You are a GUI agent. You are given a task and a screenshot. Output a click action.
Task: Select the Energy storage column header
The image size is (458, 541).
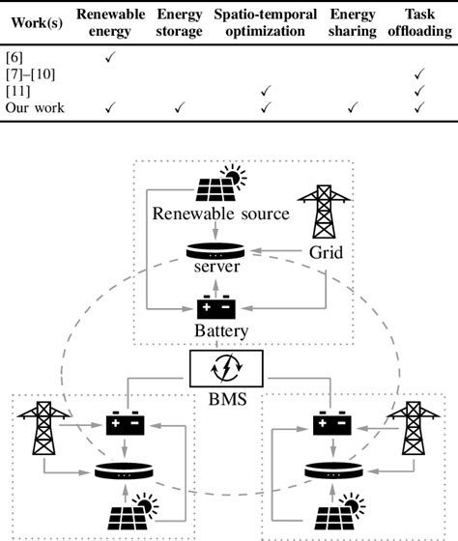coord(179,22)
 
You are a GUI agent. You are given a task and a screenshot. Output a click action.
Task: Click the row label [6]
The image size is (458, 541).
coord(15,59)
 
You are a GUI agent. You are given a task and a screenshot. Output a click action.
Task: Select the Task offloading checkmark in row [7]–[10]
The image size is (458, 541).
coord(419,74)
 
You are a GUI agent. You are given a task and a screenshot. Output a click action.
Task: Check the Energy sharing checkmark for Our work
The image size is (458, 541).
coord(353,107)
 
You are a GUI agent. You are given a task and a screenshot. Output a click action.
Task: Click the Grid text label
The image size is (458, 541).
coord(318,261)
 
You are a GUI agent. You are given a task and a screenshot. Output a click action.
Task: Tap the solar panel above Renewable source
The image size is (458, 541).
coord(223,184)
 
